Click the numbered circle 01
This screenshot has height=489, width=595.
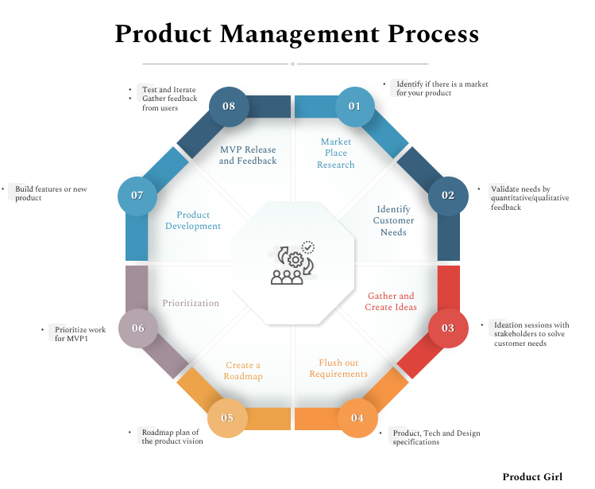[354, 107]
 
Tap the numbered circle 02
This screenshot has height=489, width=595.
[448, 196]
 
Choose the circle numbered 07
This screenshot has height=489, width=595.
[137, 196]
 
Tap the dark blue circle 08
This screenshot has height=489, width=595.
[229, 107]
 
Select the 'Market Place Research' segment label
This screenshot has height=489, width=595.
[336, 153]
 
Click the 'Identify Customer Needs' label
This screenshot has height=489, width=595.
[394, 221]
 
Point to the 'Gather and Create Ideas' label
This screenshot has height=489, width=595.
[391, 301]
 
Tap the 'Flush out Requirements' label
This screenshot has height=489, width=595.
[338, 368]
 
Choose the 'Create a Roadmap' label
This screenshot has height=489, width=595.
[243, 371]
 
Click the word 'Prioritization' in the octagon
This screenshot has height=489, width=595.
[191, 303]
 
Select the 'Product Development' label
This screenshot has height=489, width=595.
[194, 220]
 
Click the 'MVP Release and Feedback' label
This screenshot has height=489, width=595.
[248, 155]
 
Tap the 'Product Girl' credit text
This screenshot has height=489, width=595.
[532, 477]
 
